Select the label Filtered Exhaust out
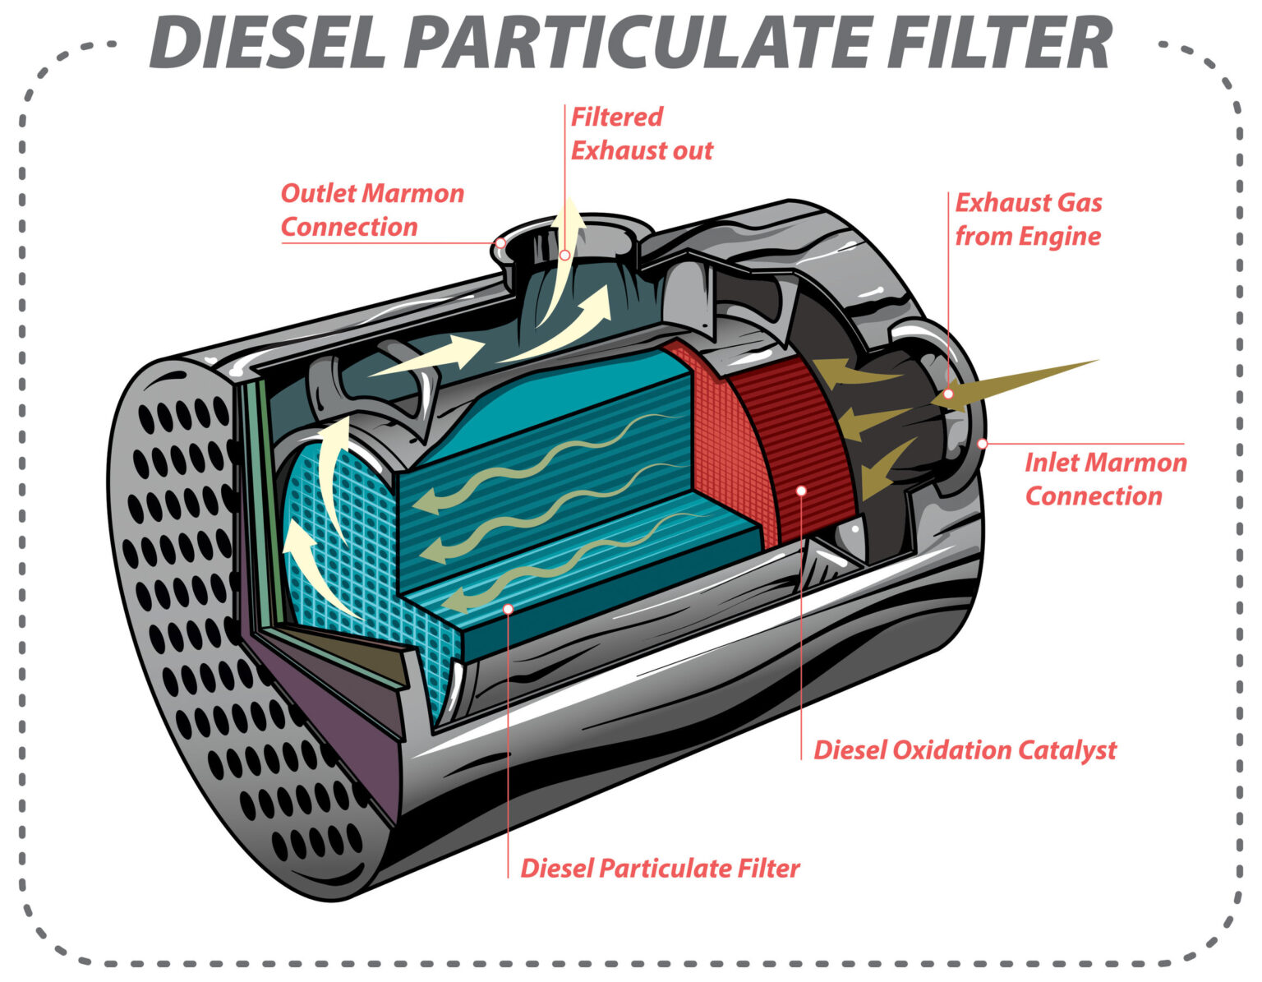[641, 134]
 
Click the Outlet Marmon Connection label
[372, 210]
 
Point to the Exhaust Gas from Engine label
[1028, 219]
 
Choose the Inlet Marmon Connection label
[1104, 479]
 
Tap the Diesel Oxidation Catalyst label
[965, 750]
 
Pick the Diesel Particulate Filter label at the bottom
[660, 869]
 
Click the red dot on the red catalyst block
[802, 490]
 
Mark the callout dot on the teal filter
[508, 609]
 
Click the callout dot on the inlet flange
[982, 444]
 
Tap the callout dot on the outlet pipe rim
[500, 242]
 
